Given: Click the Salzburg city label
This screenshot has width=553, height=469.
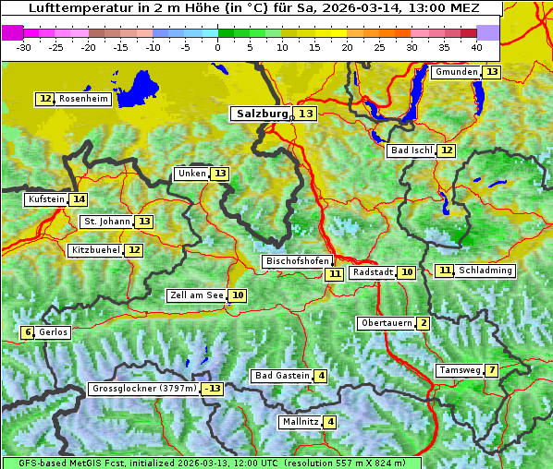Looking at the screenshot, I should pyautogui.click(x=260, y=114).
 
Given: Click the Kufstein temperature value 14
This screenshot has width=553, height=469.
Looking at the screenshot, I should pyautogui.click(x=79, y=199).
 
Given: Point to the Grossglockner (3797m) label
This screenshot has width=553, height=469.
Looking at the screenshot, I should pyautogui.click(x=144, y=389).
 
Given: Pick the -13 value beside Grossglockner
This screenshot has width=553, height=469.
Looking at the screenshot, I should pyautogui.click(x=213, y=389).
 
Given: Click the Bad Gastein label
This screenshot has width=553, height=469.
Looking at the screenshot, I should pyautogui.click(x=282, y=376).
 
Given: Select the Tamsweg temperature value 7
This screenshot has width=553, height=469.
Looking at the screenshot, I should pyautogui.click(x=492, y=370).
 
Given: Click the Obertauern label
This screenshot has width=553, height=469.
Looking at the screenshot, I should pyautogui.click(x=386, y=323).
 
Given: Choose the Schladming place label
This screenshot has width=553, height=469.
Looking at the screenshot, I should pyautogui.click(x=485, y=271).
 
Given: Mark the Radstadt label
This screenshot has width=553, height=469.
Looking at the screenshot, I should pyautogui.click(x=373, y=272).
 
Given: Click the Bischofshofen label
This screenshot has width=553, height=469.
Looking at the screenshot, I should pyautogui.click(x=297, y=261).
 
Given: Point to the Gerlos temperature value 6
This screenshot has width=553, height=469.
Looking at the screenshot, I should pyautogui.click(x=28, y=332).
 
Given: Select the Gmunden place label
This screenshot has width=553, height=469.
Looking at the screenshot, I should pyautogui.click(x=456, y=72).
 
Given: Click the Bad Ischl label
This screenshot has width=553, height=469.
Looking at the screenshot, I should pyautogui.click(x=411, y=150).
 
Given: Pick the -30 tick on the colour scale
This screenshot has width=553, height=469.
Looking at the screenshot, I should pyautogui.click(x=24, y=47).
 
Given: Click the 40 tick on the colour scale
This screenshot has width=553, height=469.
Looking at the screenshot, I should pyautogui.click(x=476, y=47).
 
